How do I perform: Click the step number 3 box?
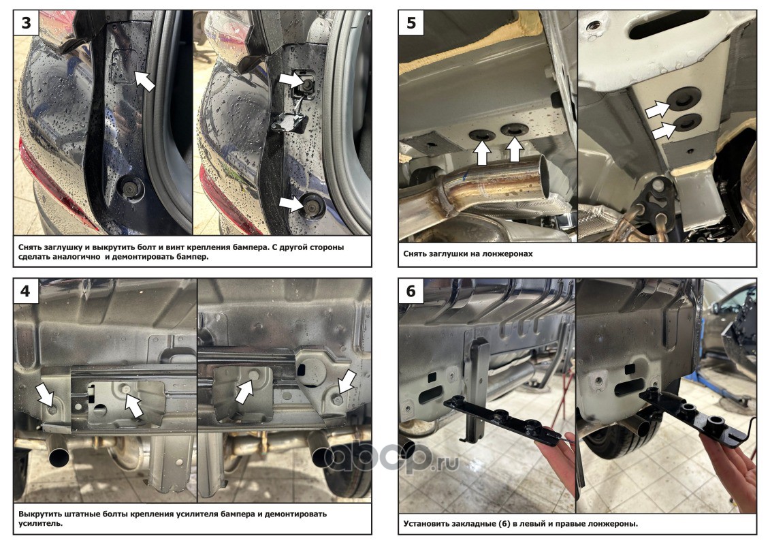click(x=26, y=23)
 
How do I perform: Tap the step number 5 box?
click(x=411, y=23)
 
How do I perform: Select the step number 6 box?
click(x=411, y=292)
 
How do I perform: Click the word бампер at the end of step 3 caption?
click(x=193, y=257)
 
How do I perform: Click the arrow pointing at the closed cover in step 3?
click(x=144, y=80)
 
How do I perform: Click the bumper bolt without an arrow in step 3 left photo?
click(x=131, y=188)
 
